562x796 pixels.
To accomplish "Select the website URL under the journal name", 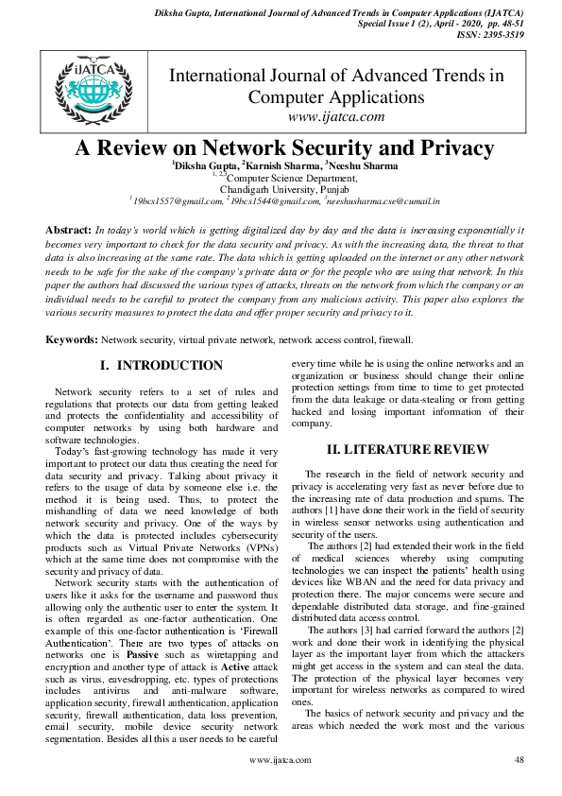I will tap(335, 116).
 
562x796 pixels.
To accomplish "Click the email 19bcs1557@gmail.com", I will tap(177, 200).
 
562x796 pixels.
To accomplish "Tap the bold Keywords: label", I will tap(72, 338).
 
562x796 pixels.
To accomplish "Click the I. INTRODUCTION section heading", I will tap(162, 365).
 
